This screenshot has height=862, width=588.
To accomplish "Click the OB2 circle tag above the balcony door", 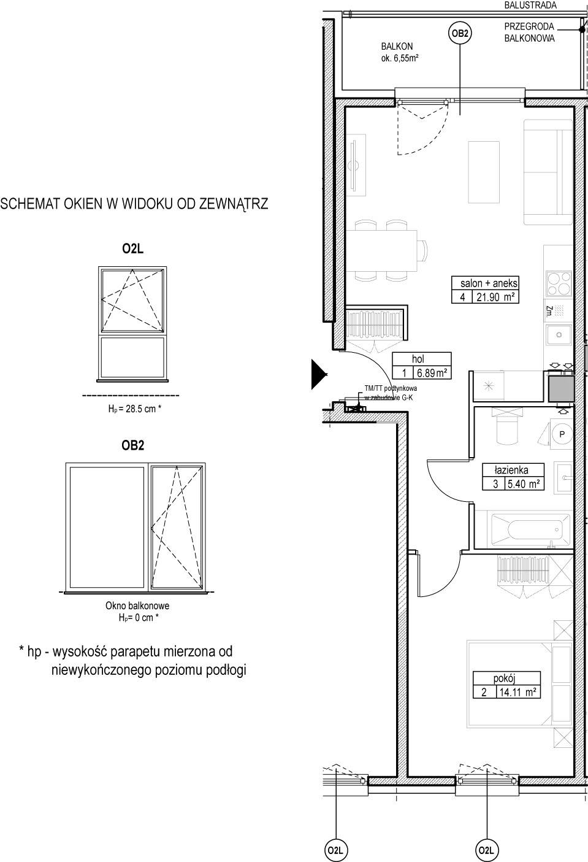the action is click(460, 34).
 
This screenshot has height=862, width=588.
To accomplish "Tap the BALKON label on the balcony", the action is click(397, 47).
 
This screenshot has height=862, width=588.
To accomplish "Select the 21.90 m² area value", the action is click(495, 297).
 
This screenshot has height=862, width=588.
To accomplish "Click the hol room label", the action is click(418, 359).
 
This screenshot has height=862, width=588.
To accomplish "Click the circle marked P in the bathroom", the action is click(562, 434).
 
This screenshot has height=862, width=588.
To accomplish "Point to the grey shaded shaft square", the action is click(562, 389).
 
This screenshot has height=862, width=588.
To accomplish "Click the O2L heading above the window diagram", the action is click(132, 249).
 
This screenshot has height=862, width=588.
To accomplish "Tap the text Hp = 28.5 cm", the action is click(134, 409).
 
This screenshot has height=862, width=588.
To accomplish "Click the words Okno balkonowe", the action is click(137, 606).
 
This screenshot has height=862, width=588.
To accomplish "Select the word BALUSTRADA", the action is click(530, 6).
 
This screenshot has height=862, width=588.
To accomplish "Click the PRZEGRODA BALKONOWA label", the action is click(530, 33).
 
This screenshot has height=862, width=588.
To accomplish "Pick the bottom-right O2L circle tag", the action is click(487, 850).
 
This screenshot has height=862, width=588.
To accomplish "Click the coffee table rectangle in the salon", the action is click(484, 172).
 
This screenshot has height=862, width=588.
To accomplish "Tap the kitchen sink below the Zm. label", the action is click(559, 335).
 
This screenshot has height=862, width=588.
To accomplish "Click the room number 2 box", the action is click(484, 692).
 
